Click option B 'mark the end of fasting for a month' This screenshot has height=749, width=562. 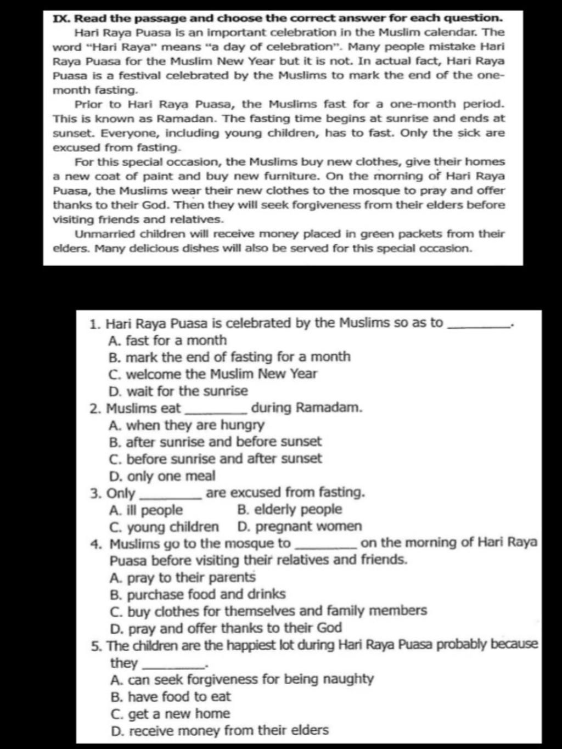click(x=229, y=357)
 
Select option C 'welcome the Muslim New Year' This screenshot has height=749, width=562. click(x=213, y=374)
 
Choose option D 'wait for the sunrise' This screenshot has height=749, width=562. click(x=178, y=391)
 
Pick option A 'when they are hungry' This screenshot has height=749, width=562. click(x=187, y=425)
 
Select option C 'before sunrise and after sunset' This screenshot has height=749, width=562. click(x=216, y=459)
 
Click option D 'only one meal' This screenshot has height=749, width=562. click(x=162, y=476)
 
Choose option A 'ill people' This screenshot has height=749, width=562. click(x=146, y=510)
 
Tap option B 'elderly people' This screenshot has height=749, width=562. click(x=290, y=510)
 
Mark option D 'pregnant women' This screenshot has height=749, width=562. click(x=300, y=527)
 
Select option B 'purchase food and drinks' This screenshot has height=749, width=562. click(x=198, y=595)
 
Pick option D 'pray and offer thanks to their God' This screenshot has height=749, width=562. click(x=226, y=629)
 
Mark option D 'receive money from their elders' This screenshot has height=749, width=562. click(x=220, y=731)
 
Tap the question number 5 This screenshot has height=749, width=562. click(x=96, y=646)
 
